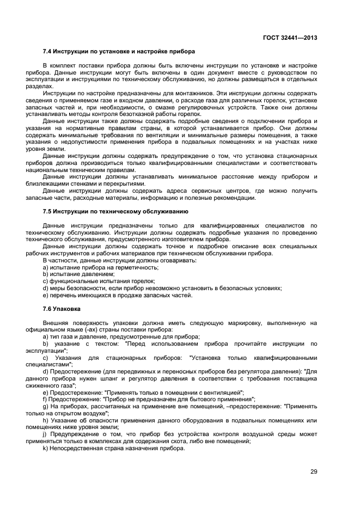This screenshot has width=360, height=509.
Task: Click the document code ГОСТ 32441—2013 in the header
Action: [288, 38]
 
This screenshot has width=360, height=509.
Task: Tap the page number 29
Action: [314, 471]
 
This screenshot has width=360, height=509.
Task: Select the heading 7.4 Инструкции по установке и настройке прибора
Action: [119, 52]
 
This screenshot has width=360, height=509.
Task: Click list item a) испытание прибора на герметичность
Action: [101, 267]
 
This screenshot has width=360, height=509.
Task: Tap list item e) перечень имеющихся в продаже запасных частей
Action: [117, 295]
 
